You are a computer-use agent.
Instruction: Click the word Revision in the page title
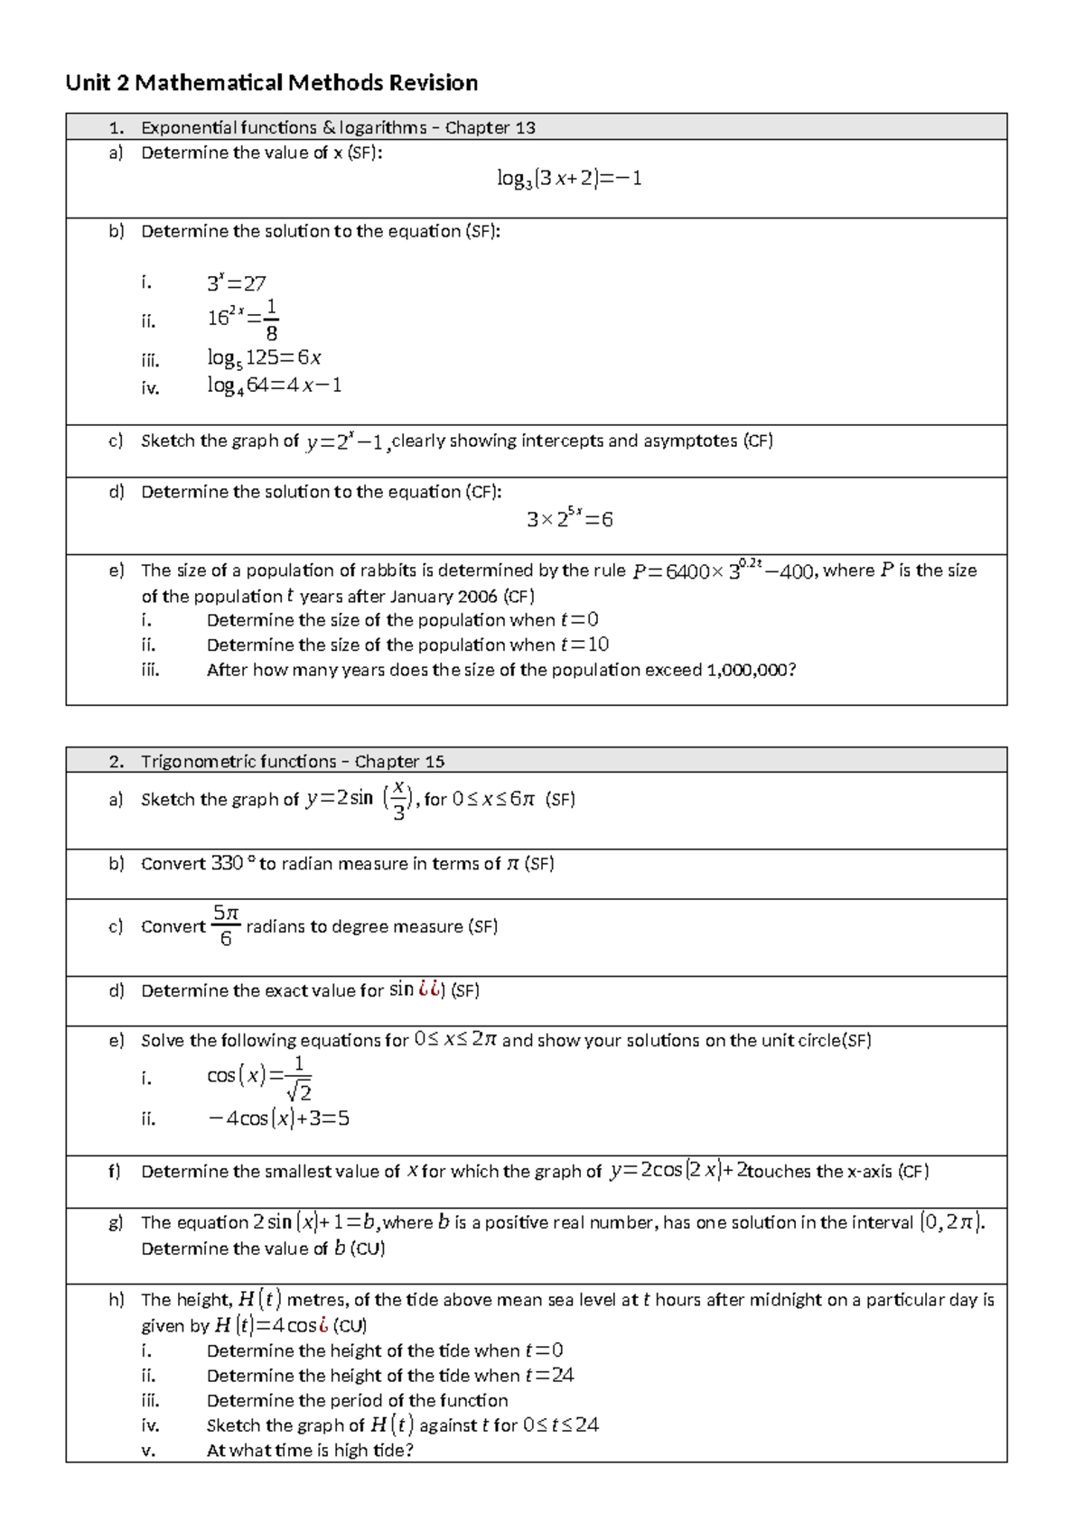(433, 83)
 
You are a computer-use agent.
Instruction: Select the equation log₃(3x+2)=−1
(569, 179)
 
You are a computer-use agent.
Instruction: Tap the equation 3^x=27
(236, 283)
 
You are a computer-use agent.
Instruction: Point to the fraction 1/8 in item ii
(271, 320)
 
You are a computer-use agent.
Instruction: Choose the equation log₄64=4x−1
(274, 385)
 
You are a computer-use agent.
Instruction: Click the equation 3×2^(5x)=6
(569, 519)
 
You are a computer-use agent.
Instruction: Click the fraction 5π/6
(226, 926)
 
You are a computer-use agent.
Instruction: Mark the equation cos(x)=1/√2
(259, 1077)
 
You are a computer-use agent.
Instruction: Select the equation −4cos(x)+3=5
(278, 1119)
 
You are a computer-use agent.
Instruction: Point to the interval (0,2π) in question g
(951, 1223)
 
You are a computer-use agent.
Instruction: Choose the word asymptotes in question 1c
(690, 441)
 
